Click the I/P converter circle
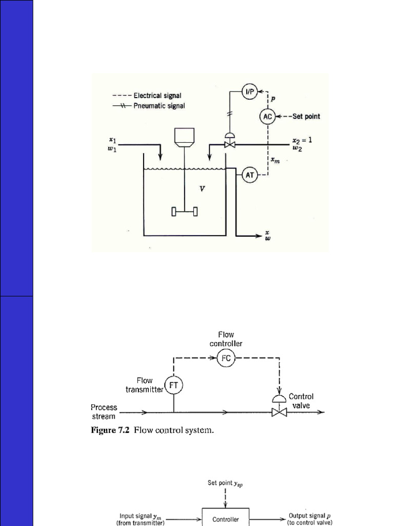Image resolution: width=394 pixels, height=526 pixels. tap(250, 92)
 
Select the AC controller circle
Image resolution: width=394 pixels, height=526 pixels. tap(267, 116)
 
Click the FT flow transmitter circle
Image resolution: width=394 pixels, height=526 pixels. tap(173, 384)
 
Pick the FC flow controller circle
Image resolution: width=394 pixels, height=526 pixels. tap(226, 358)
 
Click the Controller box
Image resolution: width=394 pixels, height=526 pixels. tap(226, 519)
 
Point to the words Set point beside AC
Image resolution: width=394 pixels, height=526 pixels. tap(306, 116)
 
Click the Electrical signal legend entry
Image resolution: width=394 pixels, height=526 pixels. tap(156, 95)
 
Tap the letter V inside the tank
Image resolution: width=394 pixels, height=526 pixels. tap(202, 189)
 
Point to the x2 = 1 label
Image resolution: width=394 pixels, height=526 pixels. tap(302, 140)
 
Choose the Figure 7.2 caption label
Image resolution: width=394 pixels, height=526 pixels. tap(152, 430)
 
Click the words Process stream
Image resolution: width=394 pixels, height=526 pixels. tap(104, 411)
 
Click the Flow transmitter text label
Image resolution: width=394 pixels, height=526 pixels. tap(144, 385)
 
